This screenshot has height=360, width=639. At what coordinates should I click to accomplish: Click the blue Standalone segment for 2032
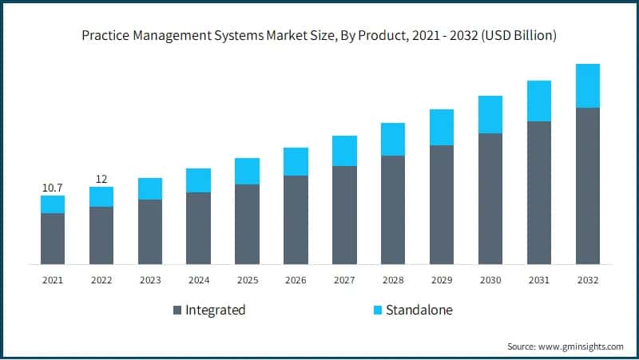[588, 86]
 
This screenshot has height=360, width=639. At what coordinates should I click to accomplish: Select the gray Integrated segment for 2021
[53, 239]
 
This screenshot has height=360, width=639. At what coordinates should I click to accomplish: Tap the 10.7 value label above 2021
[53, 188]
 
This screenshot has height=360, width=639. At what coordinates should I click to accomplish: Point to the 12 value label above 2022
[101, 179]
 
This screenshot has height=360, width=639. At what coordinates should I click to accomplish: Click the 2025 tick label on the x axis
[248, 280]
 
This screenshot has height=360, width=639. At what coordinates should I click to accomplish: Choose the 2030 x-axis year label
[490, 280]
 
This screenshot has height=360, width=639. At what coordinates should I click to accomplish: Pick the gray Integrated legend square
[177, 310]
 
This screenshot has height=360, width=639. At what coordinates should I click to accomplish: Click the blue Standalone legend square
[378, 310]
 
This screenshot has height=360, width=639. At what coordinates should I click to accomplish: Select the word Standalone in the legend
[419, 310]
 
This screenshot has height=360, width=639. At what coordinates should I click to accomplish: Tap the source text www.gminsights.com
[581, 346]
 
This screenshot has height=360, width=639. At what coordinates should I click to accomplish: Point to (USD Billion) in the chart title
[518, 35]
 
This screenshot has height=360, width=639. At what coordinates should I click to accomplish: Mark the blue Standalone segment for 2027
[344, 151]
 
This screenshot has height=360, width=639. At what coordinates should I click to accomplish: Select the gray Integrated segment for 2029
[442, 205]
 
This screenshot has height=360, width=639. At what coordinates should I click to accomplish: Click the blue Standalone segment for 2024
[198, 180]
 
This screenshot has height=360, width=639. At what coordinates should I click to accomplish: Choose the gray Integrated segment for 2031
[539, 193]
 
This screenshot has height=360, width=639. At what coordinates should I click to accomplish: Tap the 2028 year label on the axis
[393, 280]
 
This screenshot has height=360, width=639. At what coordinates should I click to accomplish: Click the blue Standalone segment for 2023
[150, 189]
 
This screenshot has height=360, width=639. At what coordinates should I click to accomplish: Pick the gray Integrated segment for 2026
[296, 220]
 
